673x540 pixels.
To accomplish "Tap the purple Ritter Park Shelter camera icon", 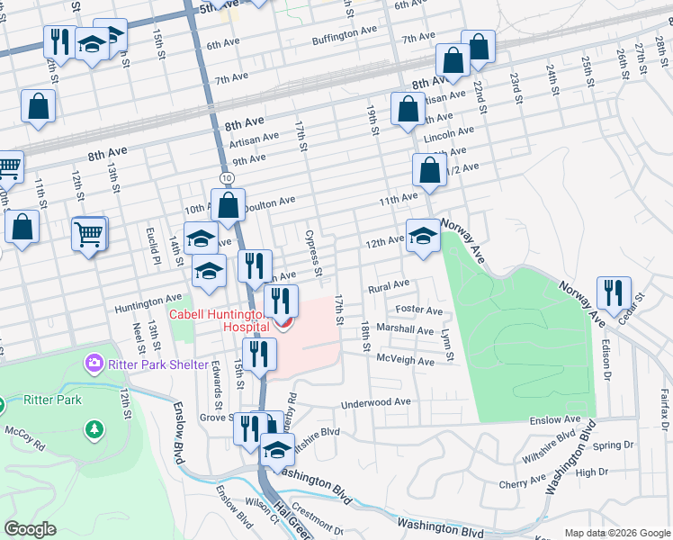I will (x=94, y=364).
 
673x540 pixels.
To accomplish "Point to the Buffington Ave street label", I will (x=345, y=35).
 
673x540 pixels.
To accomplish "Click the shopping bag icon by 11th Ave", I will (x=430, y=170).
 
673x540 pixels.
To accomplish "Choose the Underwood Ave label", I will (x=376, y=402).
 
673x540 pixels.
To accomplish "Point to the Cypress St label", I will (x=313, y=253).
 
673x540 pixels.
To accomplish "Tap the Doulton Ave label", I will (x=268, y=202).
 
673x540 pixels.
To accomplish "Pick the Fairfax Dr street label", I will (x=663, y=412).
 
